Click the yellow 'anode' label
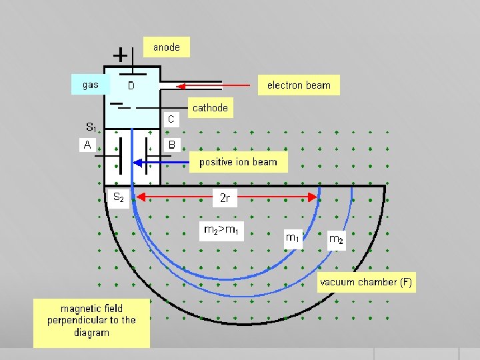click(167, 47)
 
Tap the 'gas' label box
click(90, 85)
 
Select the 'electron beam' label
click(299, 85)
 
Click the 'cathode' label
click(210, 107)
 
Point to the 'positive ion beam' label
click(238, 162)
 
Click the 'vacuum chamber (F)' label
click(366, 282)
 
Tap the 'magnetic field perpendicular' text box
click(91, 321)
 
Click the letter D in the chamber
click(131, 86)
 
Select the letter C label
click(171, 119)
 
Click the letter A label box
click(87, 144)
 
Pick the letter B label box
click(171, 144)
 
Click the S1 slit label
click(91, 127)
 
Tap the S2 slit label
click(117, 197)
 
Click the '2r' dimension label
click(225, 197)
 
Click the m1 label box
click(292, 237)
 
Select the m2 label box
click(336, 239)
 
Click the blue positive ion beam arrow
click(163, 162)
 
